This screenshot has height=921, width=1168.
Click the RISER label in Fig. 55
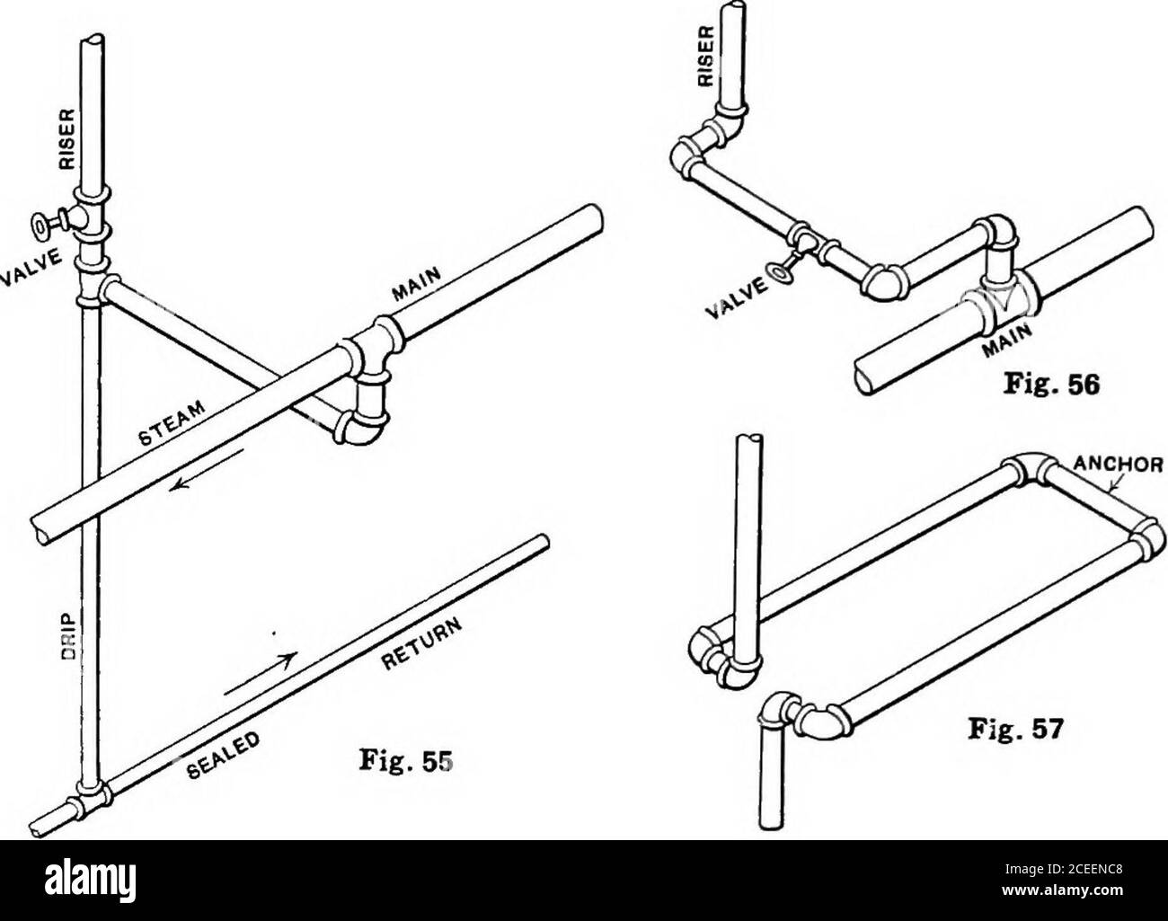coord(69,139)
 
